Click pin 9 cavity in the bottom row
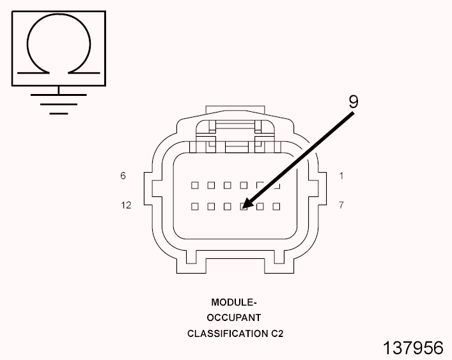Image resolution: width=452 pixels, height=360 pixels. point(244,207)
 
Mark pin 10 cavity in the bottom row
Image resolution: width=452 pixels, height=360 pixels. point(227,207)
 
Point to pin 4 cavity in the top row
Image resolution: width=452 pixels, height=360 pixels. point(227,185)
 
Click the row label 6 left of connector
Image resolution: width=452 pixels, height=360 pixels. point(123,176)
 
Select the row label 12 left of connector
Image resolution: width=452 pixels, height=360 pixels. point(126,205)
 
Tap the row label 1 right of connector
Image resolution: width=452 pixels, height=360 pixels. point(341,176)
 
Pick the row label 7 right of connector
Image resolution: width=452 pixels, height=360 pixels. point(341,205)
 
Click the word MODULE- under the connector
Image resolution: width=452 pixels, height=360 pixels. point(233,302)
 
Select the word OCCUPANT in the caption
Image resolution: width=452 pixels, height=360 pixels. point(233,318)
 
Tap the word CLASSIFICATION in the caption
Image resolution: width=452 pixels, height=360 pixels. point(226,334)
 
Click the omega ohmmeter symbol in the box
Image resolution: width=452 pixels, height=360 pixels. point(58,44)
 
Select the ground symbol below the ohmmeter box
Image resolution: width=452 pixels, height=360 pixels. point(58,102)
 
